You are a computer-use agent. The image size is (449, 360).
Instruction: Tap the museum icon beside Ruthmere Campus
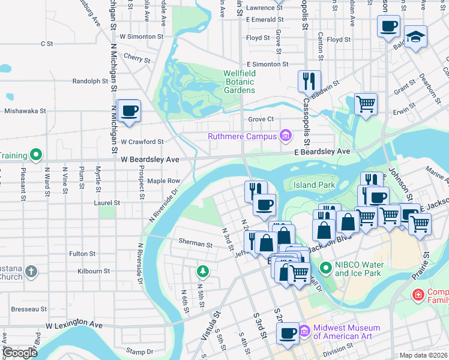[x=285, y=136]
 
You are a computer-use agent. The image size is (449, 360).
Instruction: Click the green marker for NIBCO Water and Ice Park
[x=326, y=268]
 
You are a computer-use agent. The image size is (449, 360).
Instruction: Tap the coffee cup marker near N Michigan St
[x=129, y=111]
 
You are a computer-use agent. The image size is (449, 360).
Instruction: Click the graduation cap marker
[x=415, y=37]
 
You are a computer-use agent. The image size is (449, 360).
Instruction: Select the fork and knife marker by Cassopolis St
[x=309, y=80]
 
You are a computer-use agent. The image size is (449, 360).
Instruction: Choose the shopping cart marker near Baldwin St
[x=366, y=104]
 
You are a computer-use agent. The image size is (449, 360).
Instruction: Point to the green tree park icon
[x=203, y=272]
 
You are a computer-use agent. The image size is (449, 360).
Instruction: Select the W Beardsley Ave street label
[x=150, y=160]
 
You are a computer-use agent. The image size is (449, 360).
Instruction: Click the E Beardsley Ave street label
[x=322, y=152]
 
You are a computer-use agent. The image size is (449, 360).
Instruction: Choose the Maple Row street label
[x=164, y=181]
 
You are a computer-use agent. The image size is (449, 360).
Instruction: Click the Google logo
[x=19, y=353]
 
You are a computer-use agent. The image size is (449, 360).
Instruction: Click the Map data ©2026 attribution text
[x=424, y=355]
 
